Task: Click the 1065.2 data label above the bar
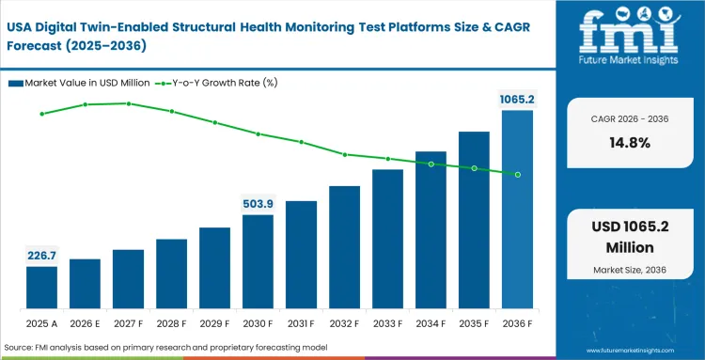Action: click(x=517, y=99)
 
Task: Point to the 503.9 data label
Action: click(x=258, y=203)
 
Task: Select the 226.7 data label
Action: click(x=41, y=254)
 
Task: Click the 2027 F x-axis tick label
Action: click(x=128, y=323)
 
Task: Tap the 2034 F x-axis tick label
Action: click(x=431, y=323)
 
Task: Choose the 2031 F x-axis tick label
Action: click(x=301, y=323)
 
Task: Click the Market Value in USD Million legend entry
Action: click(x=76, y=84)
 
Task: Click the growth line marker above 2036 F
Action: click(x=517, y=174)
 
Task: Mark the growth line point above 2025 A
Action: click(x=41, y=114)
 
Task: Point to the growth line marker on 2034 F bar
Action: click(x=431, y=164)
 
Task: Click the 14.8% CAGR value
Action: click(x=627, y=143)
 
